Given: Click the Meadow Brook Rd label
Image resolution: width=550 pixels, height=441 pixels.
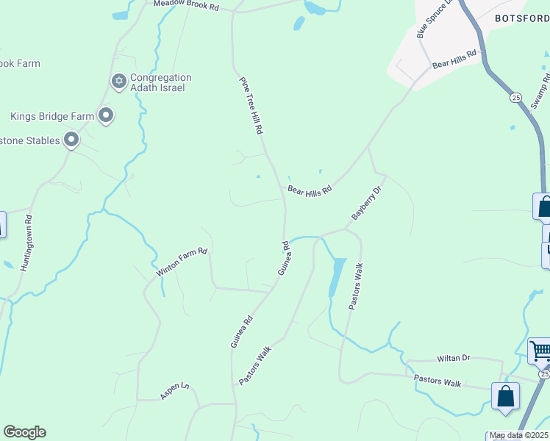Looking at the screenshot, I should [x=187, y=5].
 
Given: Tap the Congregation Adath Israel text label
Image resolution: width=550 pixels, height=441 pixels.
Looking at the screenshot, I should [x=161, y=83].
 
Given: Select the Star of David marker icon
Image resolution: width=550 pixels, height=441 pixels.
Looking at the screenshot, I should [x=118, y=82].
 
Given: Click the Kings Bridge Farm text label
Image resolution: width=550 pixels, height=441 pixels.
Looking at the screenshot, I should [x=52, y=116].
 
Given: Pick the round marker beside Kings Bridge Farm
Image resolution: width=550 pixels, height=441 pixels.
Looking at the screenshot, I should [x=107, y=115].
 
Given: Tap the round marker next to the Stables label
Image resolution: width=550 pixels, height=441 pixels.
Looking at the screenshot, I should [x=71, y=139].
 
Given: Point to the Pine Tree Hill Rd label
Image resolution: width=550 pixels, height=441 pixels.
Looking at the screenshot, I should [x=251, y=105].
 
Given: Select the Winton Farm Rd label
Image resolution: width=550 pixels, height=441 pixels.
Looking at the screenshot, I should [x=182, y=262].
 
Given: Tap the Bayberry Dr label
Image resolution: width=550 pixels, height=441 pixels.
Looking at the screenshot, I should [x=367, y=204].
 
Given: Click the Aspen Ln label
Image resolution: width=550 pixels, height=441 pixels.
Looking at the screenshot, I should [x=174, y=391].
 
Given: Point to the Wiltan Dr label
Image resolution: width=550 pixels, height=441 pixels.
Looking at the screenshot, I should [x=453, y=358].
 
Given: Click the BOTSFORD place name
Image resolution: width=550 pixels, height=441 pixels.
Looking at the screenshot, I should [x=521, y=18].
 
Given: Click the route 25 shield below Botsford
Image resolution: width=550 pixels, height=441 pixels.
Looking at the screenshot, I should [x=515, y=97].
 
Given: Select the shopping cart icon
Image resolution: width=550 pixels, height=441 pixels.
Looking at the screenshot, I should [x=540, y=351].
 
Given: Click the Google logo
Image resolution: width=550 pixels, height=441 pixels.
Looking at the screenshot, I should [x=24, y=432].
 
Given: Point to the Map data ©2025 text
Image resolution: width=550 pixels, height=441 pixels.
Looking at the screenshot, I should [x=519, y=436].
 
